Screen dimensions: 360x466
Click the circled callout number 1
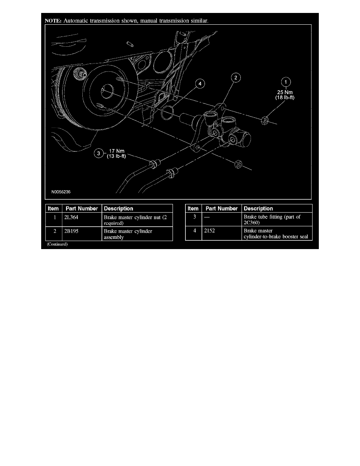286,82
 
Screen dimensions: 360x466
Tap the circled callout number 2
236,78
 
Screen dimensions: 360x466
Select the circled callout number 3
98,153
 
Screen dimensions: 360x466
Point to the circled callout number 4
200,84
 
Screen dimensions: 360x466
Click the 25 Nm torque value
285,92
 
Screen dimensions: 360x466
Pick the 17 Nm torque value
117,151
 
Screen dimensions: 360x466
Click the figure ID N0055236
61,192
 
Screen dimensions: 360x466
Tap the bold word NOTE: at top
53,21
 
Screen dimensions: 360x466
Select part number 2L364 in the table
71,217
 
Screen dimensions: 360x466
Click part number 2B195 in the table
71,231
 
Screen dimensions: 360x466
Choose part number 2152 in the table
209,230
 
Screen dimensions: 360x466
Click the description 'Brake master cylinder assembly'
128,234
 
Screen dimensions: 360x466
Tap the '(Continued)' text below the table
57,244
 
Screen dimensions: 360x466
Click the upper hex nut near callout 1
265,120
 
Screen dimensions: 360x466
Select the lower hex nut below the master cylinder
238,164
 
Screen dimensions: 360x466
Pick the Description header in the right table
258,209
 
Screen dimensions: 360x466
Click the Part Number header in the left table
82,209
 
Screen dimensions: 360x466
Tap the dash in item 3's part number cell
207,217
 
